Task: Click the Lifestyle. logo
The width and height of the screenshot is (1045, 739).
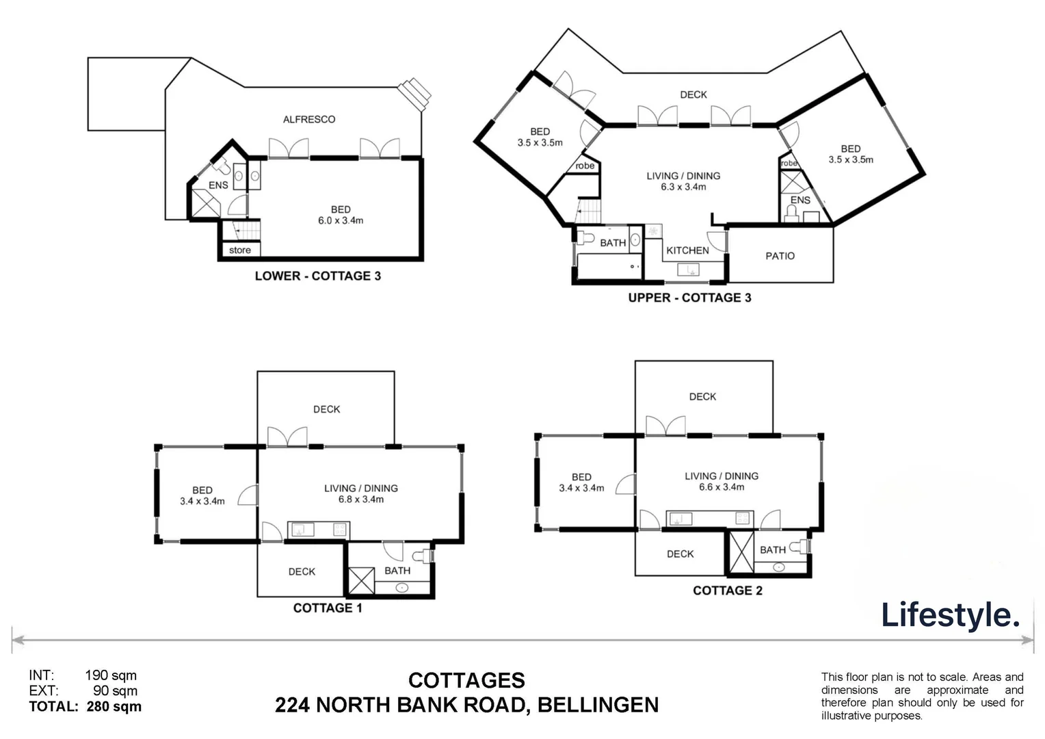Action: [949, 614]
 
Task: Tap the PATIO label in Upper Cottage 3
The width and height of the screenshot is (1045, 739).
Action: [780, 256]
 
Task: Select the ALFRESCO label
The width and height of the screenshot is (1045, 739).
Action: [309, 119]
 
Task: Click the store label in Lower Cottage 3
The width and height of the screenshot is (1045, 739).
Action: [240, 250]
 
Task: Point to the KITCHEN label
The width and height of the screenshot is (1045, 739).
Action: [687, 250]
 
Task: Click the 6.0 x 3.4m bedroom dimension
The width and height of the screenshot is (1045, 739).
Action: [340, 220]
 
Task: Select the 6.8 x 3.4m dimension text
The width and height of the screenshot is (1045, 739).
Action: [360, 500]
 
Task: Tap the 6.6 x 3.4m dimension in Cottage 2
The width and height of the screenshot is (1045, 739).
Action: [722, 487]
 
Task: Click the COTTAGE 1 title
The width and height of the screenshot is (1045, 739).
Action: [328, 608]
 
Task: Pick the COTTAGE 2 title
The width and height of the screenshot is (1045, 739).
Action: [727, 591]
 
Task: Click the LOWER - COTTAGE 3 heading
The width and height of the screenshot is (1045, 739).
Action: [317, 276]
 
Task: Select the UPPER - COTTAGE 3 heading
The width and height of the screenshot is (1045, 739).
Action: [689, 298]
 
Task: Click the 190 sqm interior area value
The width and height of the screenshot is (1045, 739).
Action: [111, 675]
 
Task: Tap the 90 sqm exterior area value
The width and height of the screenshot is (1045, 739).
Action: [115, 691]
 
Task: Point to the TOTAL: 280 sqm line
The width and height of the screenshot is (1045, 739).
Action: [85, 707]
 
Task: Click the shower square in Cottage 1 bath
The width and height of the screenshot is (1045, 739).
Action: [362, 581]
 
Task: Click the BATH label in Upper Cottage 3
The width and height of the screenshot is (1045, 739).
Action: [613, 243]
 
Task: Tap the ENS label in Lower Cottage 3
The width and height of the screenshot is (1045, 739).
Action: [218, 185]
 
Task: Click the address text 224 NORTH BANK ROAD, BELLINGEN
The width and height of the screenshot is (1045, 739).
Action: [466, 705]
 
